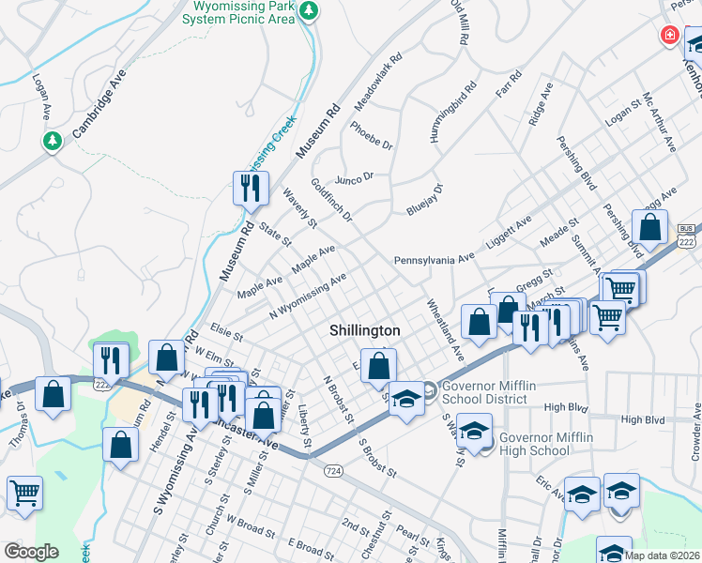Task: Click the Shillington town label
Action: (x=364, y=331)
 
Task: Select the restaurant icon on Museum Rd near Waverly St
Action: (x=251, y=188)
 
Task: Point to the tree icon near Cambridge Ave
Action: (x=53, y=141)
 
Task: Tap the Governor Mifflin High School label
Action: (x=533, y=444)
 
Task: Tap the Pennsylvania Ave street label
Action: (x=435, y=259)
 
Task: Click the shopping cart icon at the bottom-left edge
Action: (x=23, y=492)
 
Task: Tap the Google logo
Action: (x=30, y=552)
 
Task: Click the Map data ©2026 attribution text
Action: (x=661, y=555)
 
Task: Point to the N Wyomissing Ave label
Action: (x=308, y=297)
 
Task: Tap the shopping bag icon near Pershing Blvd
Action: (x=649, y=226)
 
